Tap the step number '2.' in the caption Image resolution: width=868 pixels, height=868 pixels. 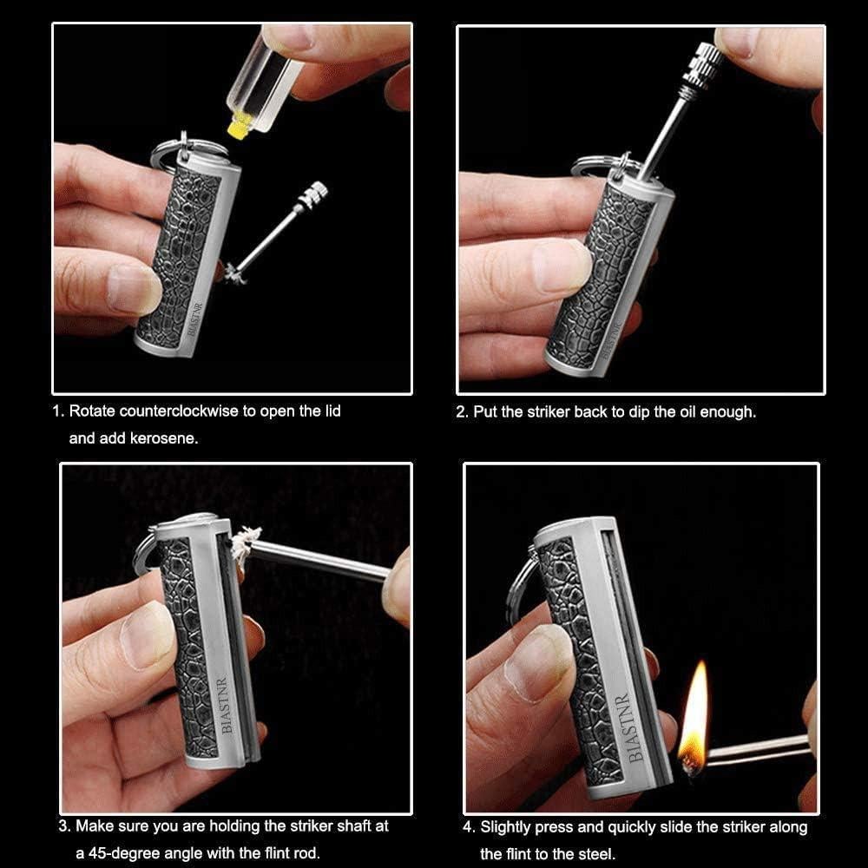point(463,411)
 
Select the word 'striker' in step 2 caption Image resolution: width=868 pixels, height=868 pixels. point(549,411)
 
